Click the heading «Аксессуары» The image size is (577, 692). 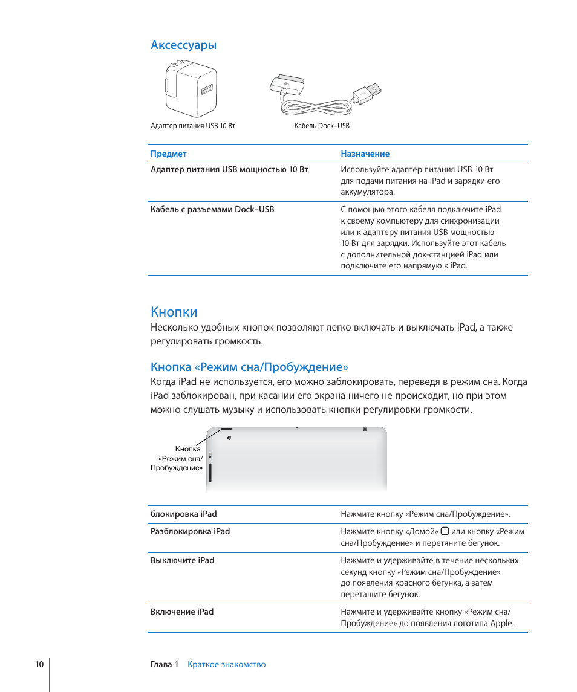pyautogui.click(x=183, y=45)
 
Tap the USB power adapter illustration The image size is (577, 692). pyautogui.click(x=191, y=91)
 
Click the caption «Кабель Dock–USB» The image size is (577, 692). pyautogui.click(x=322, y=126)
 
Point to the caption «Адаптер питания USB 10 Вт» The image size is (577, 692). pyautogui.click(x=193, y=126)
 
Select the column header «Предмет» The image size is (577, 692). pyautogui.click(x=168, y=154)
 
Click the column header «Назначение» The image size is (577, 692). pyautogui.click(x=365, y=154)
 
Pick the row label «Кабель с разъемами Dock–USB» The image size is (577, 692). pyautogui.click(x=212, y=209)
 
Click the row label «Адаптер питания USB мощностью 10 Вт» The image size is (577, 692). pyautogui.click(x=229, y=169)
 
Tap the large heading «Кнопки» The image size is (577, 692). pyautogui.click(x=174, y=312)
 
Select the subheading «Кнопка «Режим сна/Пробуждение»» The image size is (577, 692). pyautogui.click(x=249, y=367)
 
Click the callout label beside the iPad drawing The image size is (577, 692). pyautogui.click(x=177, y=458)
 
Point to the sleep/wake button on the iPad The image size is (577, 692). pyautogui.click(x=227, y=430)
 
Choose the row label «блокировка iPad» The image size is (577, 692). pyautogui.click(x=183, y=514)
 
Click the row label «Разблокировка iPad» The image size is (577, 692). pyautogui.click(x=190, y=531)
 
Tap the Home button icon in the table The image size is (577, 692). pyautogui.click(x=445, y=531)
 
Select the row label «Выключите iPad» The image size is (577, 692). pyautogui.click(x=182, y=560)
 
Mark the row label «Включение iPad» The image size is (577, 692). pyautogui.click(x=182, y=612)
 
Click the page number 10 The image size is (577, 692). pyautogui.click(x=39, y=664)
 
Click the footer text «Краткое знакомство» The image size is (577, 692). pyautogui.click(x=226, y=664)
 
